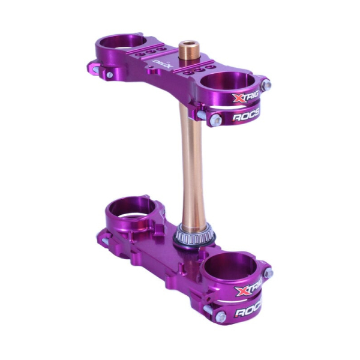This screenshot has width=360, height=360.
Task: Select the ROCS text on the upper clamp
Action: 245,116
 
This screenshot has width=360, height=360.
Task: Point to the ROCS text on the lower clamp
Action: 248,311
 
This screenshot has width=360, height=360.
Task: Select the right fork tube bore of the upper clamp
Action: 229,81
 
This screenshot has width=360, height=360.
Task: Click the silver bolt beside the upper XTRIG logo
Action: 266,85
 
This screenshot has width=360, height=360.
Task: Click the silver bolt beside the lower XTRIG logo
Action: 268,273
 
